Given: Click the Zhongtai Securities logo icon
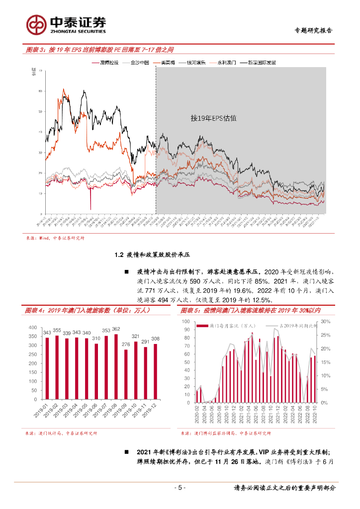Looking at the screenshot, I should [x=37, y=23].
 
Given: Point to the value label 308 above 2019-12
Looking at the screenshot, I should [x=155, y=339].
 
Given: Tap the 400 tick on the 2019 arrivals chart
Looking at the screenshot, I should [x=33, y=328].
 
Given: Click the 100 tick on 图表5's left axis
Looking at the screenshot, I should [x=185, y=322].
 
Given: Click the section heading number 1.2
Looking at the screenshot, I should [x=118, y=255].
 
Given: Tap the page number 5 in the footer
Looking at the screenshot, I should [x=180, y=488].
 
